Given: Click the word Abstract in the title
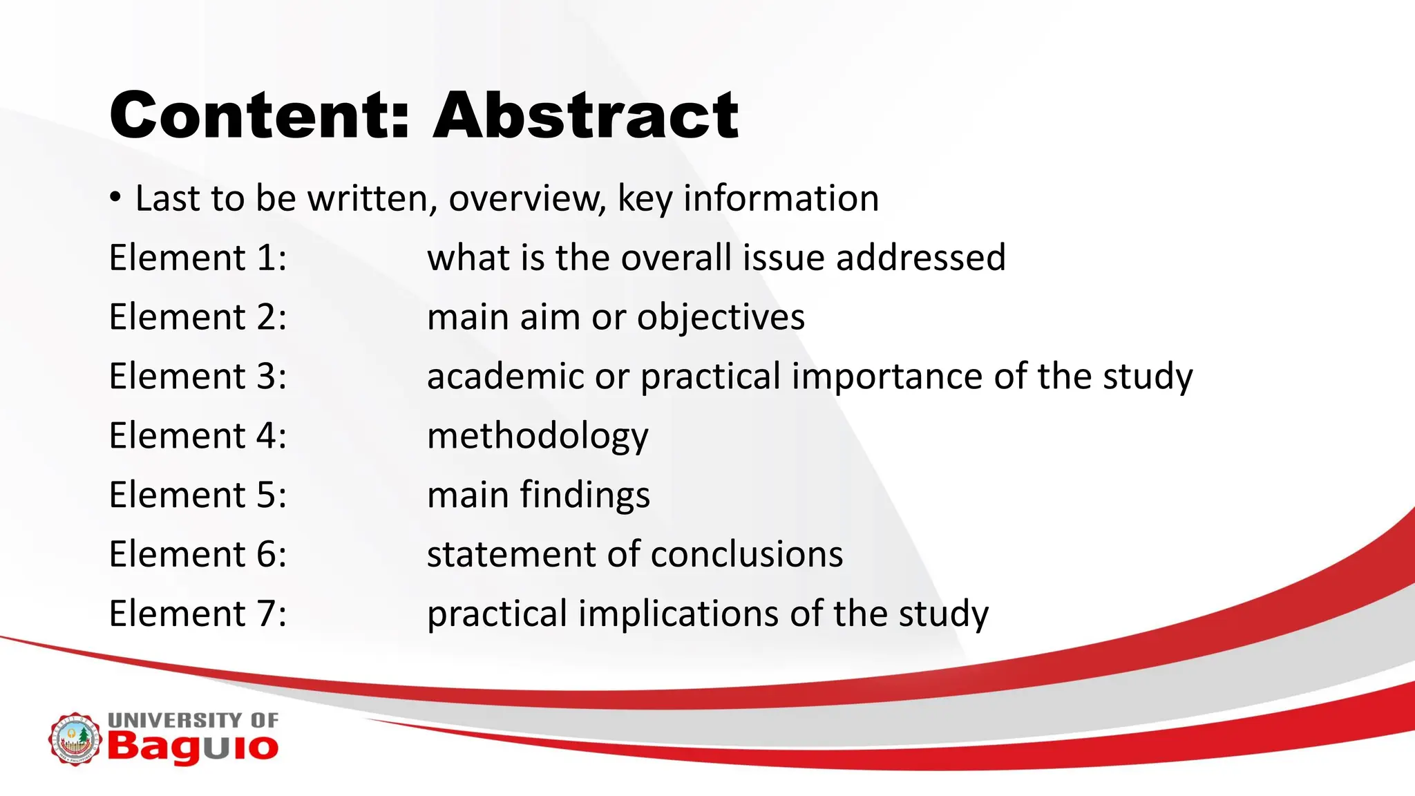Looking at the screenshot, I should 586,115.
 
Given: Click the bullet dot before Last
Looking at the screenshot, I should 115,198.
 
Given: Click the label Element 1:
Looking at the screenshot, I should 198,258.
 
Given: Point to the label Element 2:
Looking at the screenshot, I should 198,317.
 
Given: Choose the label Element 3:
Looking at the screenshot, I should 198,377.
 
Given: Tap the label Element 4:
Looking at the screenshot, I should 198,436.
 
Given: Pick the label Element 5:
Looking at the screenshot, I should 198,495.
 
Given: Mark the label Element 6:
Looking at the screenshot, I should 198,555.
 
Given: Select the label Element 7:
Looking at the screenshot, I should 198,614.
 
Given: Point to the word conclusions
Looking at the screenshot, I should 746,555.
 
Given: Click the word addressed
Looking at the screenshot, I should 920,258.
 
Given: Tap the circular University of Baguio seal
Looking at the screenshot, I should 75,739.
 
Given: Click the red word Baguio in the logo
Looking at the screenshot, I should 193,747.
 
